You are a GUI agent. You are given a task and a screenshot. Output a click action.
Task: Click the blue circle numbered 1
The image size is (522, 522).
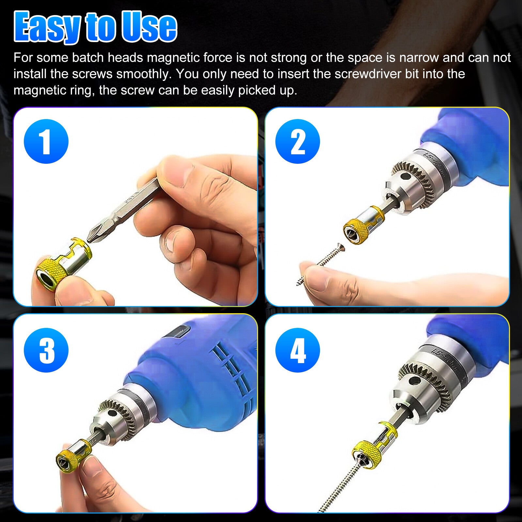point(46,141)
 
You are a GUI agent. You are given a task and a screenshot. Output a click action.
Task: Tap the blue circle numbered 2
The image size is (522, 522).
point(297,141)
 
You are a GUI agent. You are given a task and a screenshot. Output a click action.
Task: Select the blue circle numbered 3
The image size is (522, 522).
point(46,350)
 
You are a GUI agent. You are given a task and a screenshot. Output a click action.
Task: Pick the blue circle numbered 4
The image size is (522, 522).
point(297,350)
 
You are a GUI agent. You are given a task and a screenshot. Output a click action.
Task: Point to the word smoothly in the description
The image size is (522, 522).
point(144,74)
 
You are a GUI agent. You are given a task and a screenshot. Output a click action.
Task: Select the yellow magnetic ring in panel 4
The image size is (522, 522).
point(367,453)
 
